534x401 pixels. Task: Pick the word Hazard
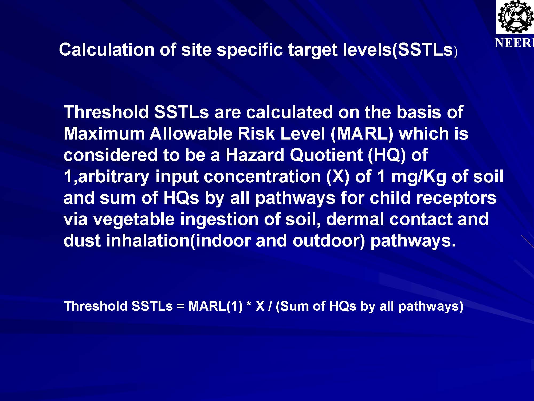(255, 155)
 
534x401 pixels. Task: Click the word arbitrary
(113, 177)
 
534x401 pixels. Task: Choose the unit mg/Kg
(419, 177)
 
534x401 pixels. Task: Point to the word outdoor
(328, 240)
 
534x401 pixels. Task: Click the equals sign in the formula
(180, 306)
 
